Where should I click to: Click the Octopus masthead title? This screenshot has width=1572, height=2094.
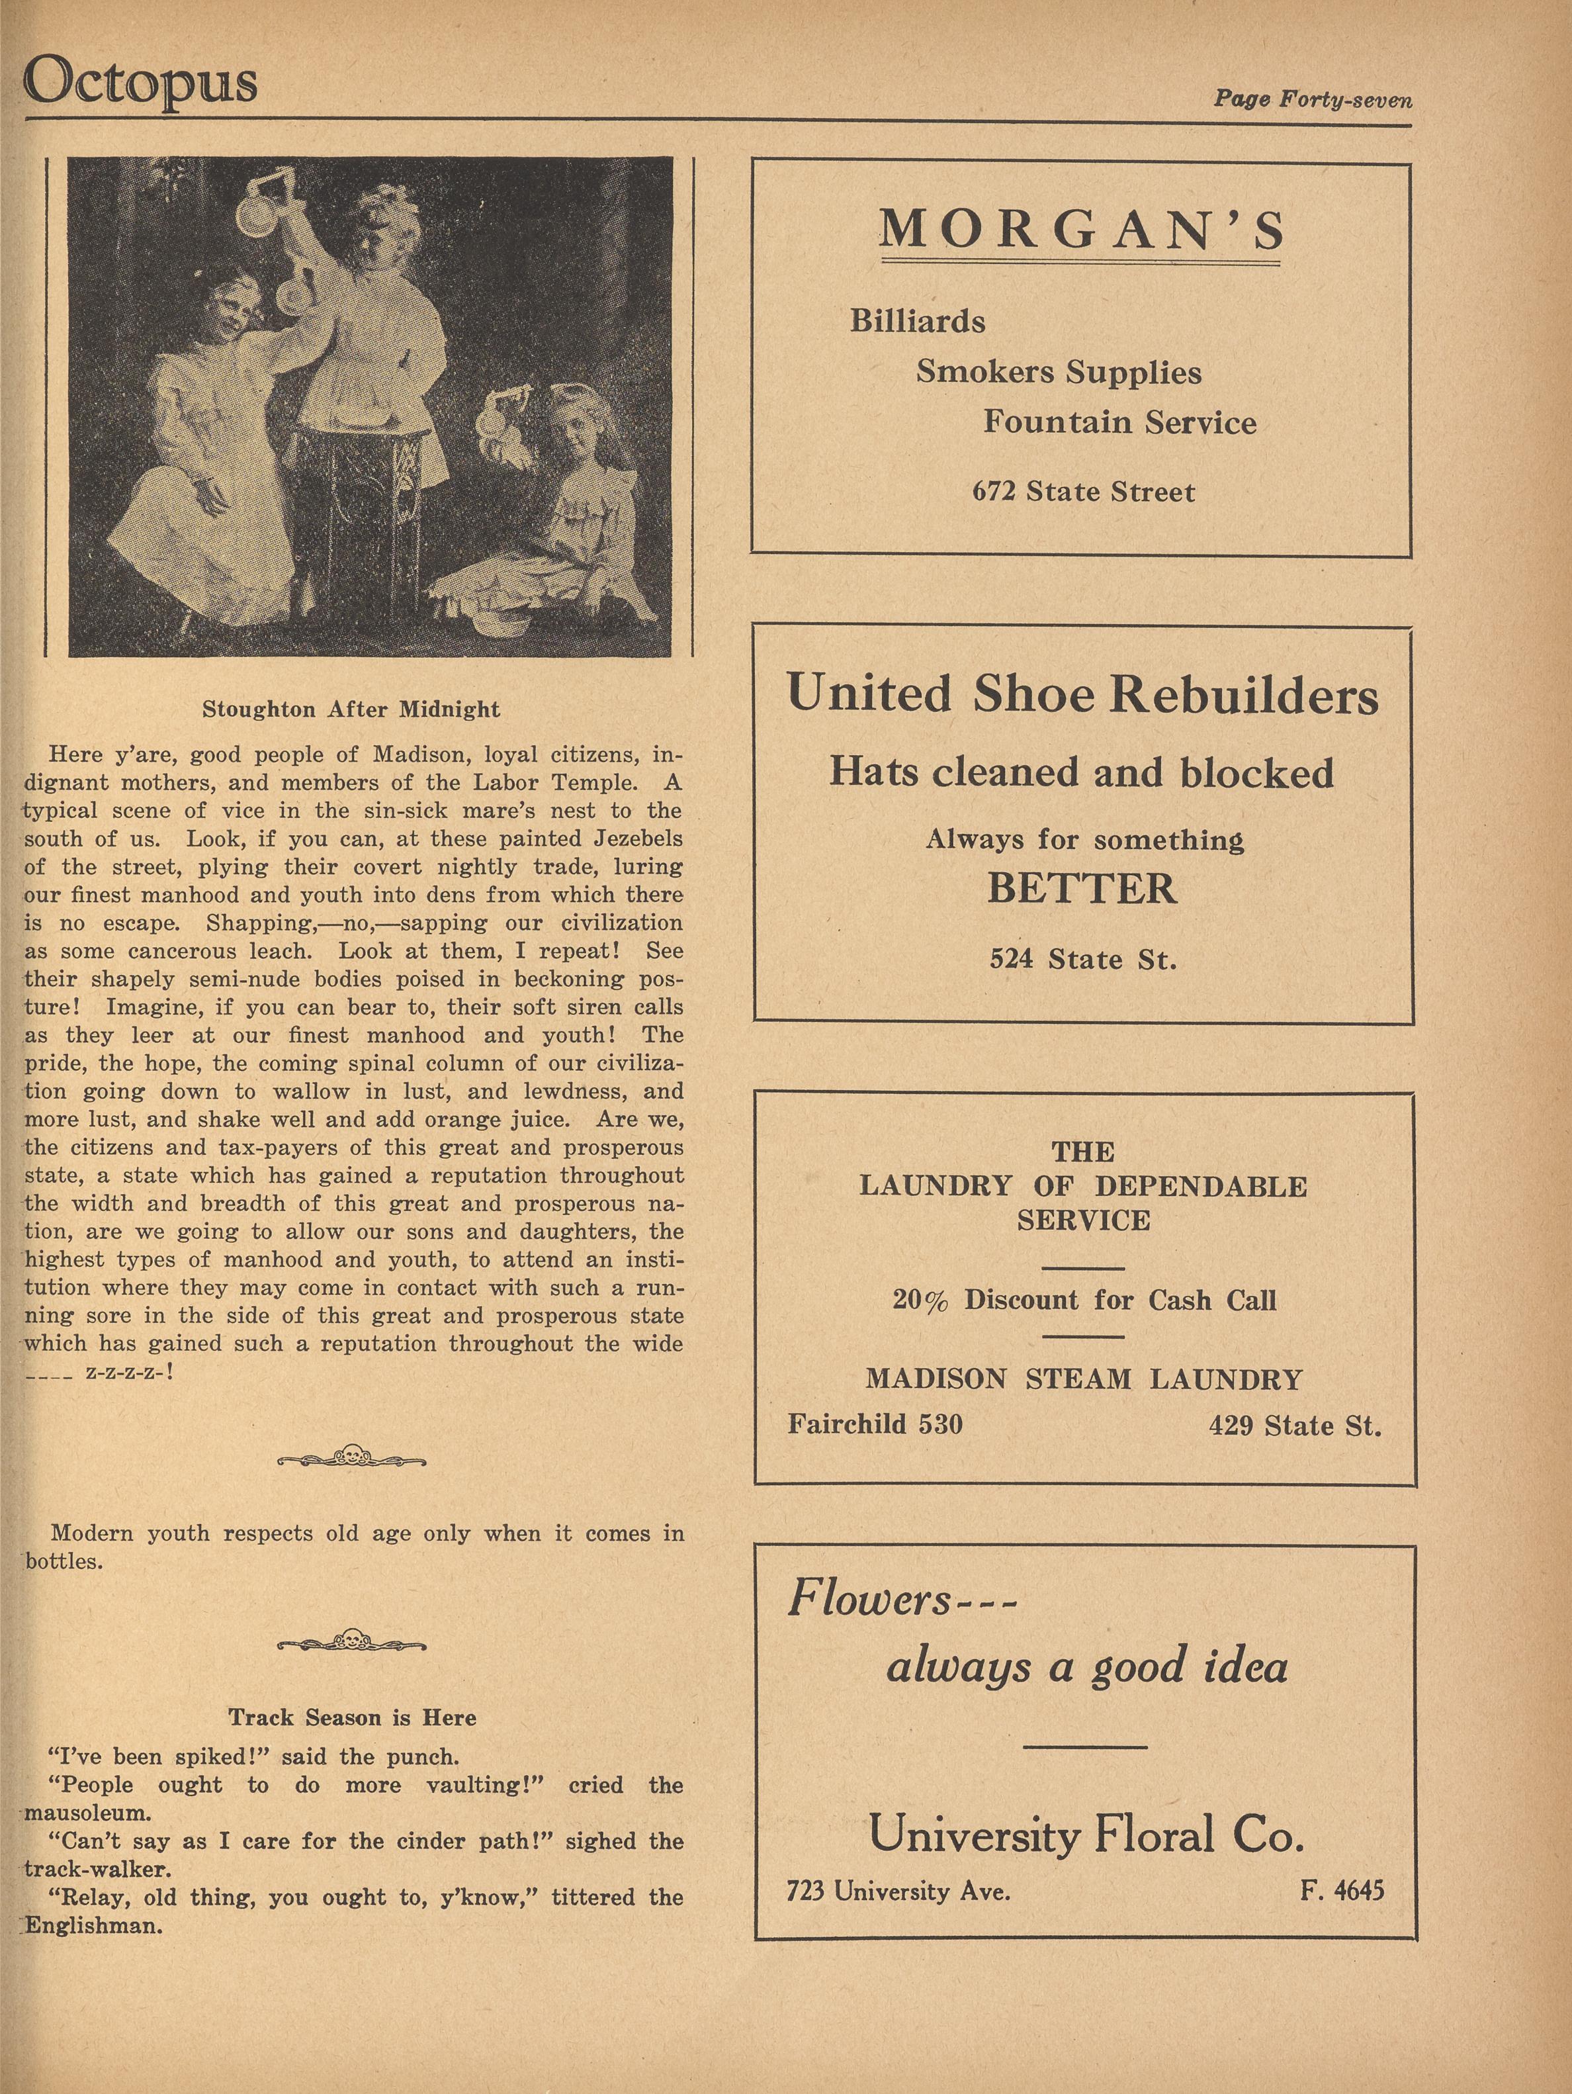coord(140,82)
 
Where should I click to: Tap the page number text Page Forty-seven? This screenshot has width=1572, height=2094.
coord(1312,99)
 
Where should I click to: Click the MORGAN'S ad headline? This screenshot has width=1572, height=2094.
coord(1081,230)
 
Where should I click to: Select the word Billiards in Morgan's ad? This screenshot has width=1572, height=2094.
coord(917,321)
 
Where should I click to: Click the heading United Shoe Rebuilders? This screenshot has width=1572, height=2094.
coord(1082,693)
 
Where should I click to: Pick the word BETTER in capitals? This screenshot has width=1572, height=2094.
coord(1082,888)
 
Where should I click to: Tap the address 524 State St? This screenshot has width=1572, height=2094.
coord(1082,959)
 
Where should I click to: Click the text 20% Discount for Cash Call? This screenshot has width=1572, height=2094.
coord(1084,1300)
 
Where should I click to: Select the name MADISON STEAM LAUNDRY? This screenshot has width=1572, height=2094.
coord(1084,1379)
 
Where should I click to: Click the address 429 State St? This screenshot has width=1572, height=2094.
coord(1293,1425)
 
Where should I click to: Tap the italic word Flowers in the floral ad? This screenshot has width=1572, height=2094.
coord(869,1600)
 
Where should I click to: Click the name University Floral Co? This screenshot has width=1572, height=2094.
coord(1086,1835)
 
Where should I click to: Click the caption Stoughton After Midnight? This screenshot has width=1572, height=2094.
coord(351,709)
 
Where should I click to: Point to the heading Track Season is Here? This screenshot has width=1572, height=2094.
coord(351,1717)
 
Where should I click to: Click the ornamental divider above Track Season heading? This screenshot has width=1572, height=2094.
coord(351,1643)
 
